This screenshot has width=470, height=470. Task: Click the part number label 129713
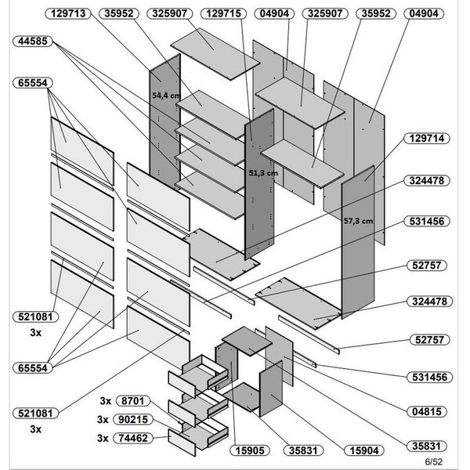[x=68, y=13]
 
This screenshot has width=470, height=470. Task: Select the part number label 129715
[x=223, y=13]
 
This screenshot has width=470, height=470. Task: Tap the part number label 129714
[x=427, y=139]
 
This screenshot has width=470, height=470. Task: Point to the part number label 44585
[x=33, y=41]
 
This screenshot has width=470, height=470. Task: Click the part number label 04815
[x=427, y=411]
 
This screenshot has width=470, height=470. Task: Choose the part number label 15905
[x=250, y=450]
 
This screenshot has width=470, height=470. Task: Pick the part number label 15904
[x=364, y=450]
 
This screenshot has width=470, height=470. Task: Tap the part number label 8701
[x=133, y=401]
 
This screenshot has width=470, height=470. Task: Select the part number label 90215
[x=133, y=420]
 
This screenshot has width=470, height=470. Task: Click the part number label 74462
[x=133, y=438]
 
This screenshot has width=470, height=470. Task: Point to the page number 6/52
[x=433, y=461]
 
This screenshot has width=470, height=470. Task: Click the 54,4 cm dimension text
[x=166, y=96]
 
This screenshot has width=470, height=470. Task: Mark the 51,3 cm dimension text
[x=263, y=173]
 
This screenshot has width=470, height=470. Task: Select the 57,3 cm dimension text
[x=358, y=221]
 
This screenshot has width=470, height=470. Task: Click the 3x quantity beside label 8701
[x=106, y=401]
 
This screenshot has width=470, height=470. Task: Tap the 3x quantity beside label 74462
[x=103, y=438]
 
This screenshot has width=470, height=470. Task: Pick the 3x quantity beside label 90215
[x=103, y=420]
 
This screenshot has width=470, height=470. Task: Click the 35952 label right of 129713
[x=119, y=13]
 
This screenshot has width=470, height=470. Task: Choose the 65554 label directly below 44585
[x=33, y=83]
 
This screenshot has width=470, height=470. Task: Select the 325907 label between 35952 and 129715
[x=169, y=13]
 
